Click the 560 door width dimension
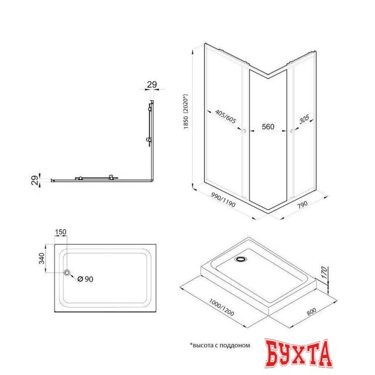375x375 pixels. click(268, 127)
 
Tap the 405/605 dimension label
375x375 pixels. click(225, 117)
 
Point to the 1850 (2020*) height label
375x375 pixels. click(186, 111)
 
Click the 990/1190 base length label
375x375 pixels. click(223, 200)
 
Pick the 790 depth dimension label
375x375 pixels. click(302, 204)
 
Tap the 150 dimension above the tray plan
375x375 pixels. click(60, 232)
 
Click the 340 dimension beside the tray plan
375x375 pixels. click(42, 258)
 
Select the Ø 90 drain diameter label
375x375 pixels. click(86, 279)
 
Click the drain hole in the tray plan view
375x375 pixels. click(67, 272)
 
